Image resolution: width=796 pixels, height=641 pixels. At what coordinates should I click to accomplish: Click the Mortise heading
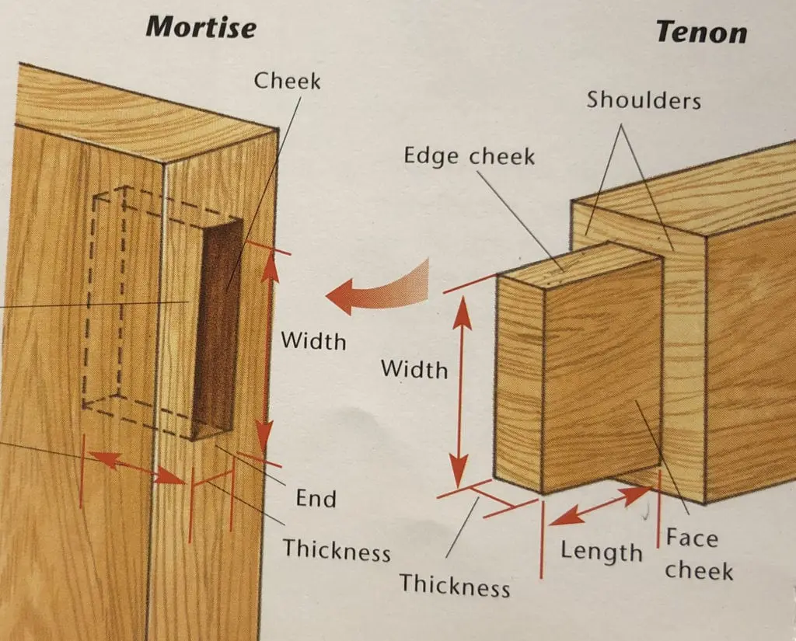201,27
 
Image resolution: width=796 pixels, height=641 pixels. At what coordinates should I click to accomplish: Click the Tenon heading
700,32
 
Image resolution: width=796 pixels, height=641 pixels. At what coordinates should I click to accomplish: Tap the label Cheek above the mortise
287,80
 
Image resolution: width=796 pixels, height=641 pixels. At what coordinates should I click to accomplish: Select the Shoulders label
644,99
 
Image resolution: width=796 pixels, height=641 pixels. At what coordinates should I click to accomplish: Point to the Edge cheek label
469,156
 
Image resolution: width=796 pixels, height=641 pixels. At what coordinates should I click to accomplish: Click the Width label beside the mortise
313,340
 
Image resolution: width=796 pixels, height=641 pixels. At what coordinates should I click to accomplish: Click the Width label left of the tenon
414,369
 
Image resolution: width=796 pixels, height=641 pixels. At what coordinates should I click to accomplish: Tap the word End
316,498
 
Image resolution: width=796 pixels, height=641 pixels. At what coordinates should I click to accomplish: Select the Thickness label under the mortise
336,551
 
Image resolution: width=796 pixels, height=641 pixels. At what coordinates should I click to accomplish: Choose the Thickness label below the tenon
455,584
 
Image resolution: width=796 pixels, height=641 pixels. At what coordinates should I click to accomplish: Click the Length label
602,552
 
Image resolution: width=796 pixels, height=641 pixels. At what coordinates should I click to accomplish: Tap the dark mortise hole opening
218,326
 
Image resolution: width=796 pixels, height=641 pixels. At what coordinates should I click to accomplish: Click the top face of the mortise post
140,113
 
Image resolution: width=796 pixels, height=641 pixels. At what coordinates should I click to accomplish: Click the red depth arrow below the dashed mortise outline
134,468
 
